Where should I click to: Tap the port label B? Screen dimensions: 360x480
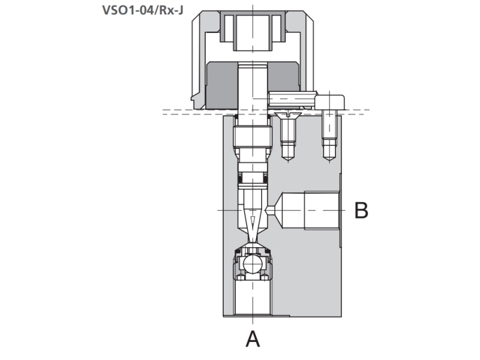[361, 211]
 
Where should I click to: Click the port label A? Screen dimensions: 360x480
[253, 339]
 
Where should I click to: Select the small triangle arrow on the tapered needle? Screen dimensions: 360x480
[253, 220]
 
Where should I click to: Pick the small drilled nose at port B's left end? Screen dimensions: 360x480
[272, 211]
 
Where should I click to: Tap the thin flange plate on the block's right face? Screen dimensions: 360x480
[341, 210]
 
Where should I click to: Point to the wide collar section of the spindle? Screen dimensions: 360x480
[253, 139]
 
